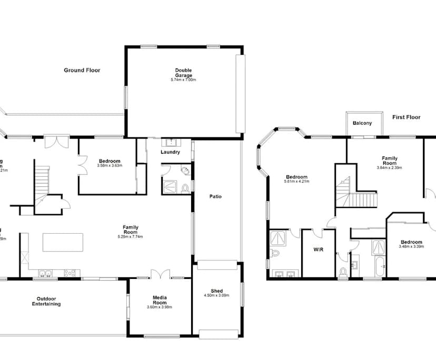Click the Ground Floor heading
pos(82,70)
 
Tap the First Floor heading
pos(406,117)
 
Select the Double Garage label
pos(183,73)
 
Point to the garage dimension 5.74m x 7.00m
pos(183,80)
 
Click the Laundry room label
pos(170,152)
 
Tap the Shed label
pos(216,291)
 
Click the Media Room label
pos(160,300)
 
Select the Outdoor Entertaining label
pos(46,302)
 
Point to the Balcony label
pos(362,123)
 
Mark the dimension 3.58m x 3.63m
pos(110,166)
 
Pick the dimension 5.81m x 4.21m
pos(297,182)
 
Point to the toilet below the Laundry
pos(185,188)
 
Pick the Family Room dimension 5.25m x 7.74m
pos(130,237)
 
